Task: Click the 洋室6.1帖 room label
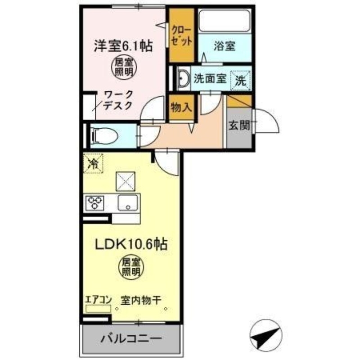(123, 45)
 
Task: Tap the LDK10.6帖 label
(130, 244)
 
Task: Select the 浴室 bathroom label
(224, 47)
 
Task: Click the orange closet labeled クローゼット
(182, 36)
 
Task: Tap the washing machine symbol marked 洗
(241, 81)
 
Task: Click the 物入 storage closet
(182, 108)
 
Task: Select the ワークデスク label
(118, 100)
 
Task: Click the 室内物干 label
(140, 299)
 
